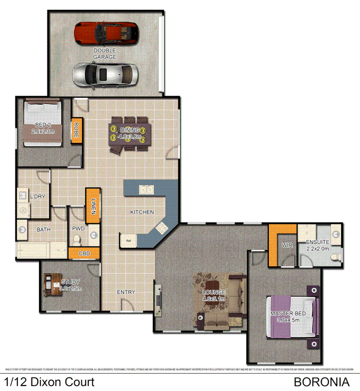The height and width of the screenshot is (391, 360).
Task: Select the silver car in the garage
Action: tap(105, 75)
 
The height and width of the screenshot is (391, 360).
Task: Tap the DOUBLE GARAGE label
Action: tap(105, 54)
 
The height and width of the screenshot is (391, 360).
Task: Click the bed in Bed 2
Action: tap(42, 124)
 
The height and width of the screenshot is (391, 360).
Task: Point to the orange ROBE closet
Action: tap(76, 130)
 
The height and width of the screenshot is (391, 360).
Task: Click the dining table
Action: tap(128, 134)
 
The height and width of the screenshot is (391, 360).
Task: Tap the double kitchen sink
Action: tap(147, 189)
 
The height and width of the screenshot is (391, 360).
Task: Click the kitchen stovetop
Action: tap(161, 228)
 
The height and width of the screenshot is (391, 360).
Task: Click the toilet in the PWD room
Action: tap(77, 239)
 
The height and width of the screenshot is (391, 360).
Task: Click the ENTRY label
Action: tap(126, 292)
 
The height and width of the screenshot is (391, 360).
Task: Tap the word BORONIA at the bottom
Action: tap(321, 382)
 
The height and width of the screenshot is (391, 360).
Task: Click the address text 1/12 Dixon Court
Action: tap(50, 382)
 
